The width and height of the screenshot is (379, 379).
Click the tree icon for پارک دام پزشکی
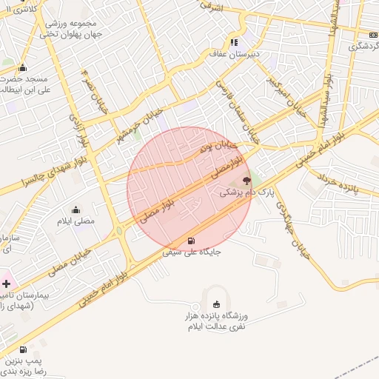coord(246,180)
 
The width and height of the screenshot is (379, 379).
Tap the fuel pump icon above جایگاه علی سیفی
coord(192,241)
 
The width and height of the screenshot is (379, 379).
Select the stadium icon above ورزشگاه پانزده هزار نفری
coord(216,303)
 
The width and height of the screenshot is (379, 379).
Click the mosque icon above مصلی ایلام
coord(76,209)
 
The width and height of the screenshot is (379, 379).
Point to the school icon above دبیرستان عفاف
coord(235,42)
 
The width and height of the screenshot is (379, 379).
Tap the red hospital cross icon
coord(6,283)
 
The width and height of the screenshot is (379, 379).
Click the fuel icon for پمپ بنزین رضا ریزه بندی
coord(23,350)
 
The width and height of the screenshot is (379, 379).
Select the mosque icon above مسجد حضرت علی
coord(23,67)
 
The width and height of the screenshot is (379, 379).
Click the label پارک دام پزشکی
coord(246,192)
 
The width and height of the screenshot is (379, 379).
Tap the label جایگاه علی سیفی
coord(192,252)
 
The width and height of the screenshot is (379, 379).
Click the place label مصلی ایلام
coord(76,221)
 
